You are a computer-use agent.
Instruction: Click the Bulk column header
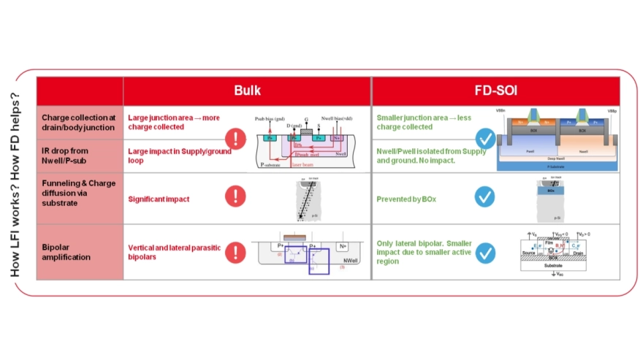[247, 91]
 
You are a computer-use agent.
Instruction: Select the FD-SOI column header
[495, 91]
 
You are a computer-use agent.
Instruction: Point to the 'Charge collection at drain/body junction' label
[78, 122]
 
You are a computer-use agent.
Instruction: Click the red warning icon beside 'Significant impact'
[235, 196]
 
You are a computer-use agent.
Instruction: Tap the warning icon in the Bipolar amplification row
[235, 253]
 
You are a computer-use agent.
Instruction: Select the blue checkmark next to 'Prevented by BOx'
[484, 196]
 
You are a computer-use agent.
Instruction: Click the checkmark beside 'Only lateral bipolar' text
[484, 253]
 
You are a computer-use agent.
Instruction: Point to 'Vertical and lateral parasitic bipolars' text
[174, 252]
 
